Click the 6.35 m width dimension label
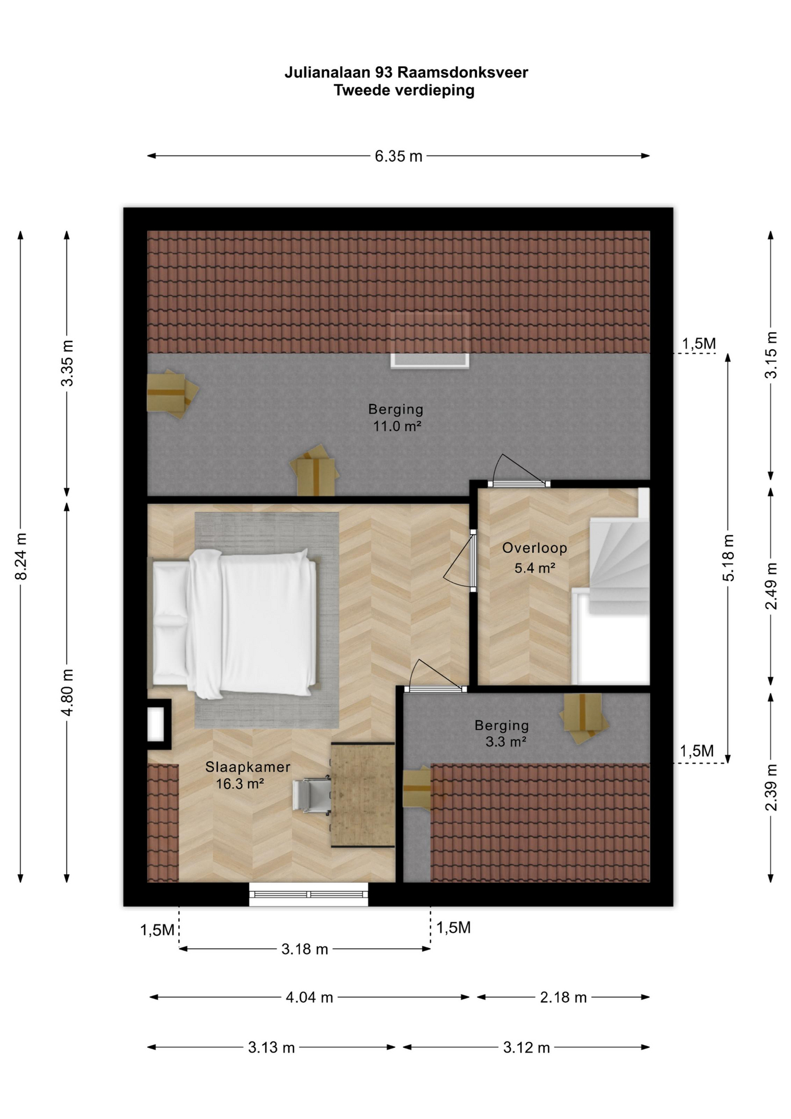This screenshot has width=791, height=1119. coord(398,156)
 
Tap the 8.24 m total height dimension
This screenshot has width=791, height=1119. coord(21,557)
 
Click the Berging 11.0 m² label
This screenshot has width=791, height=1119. coord(396,417)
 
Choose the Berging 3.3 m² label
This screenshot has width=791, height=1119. coord(502,733)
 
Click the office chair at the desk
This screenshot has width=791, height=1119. coord(312,796)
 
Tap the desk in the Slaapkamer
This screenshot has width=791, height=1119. coord(363,795)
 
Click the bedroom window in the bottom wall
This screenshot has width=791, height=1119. coord(309,894)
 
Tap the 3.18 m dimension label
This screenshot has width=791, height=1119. coord(305,949)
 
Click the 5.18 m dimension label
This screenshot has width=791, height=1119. coord(728,557)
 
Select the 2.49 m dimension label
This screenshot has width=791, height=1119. coord(771,586)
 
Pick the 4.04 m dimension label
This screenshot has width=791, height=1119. coord(309,998)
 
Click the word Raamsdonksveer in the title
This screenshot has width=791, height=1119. coord(463,72)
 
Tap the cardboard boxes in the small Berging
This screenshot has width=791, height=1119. coord(584,718)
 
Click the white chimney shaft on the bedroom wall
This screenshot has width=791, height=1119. coord(156,724)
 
